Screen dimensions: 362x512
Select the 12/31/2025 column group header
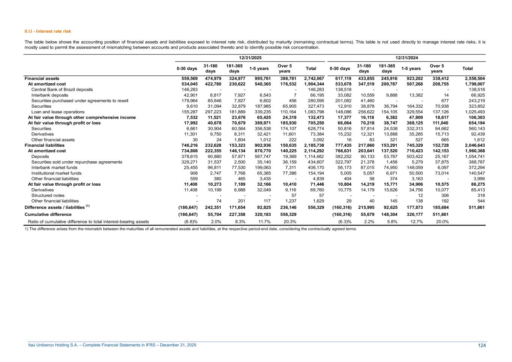(251, 58)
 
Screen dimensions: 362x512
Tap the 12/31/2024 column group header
(407, 58)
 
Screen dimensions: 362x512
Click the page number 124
(482, 345)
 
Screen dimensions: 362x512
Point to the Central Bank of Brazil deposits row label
(62, 90)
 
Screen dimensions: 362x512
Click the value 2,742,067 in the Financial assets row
(314, 78)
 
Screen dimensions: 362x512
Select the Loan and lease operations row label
(58, 112)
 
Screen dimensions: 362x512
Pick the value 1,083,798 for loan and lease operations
(314, 112)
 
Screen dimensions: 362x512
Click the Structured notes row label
(48, 195)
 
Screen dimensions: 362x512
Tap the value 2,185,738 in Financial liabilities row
(314, 145)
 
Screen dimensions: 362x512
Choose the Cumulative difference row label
(48, 215)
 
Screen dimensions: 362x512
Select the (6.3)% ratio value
(344, 222)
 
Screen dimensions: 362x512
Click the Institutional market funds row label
(56, 173)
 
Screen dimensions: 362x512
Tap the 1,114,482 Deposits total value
(314, 156)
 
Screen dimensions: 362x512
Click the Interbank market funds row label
(54, 168)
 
